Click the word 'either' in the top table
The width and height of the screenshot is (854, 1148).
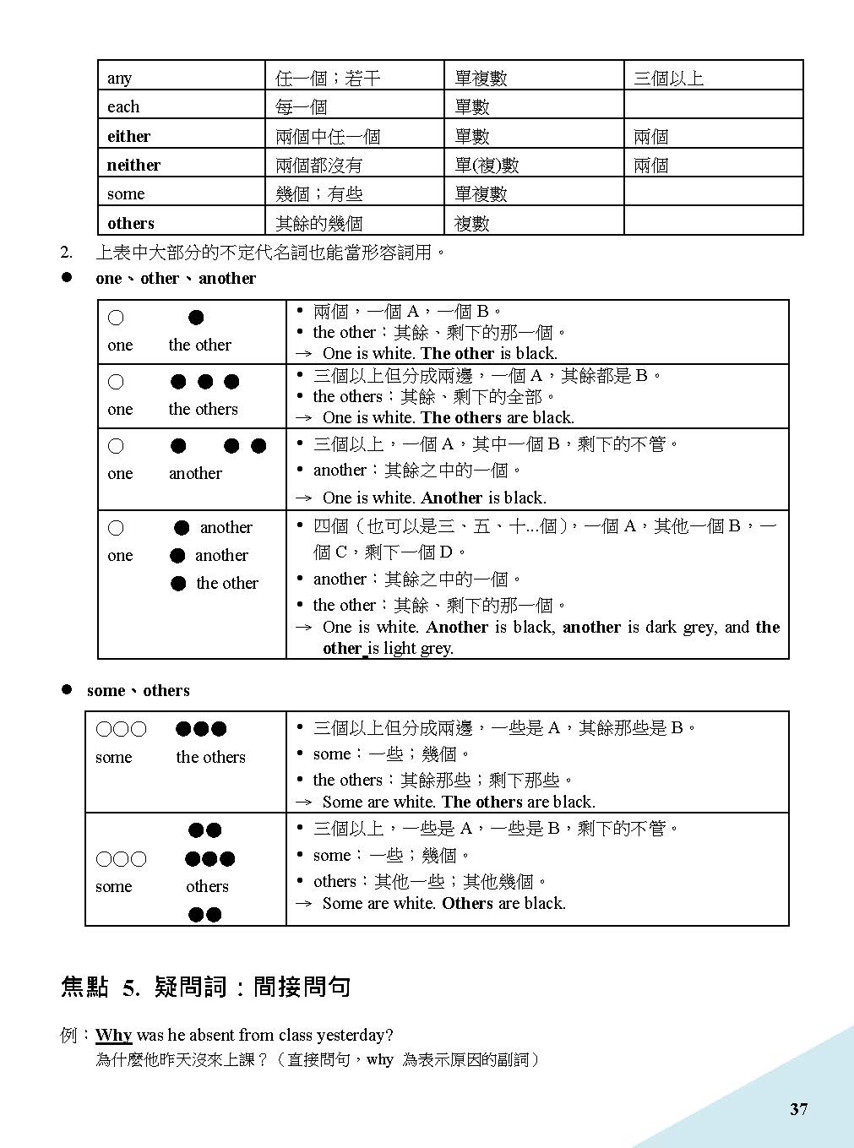(128, 136)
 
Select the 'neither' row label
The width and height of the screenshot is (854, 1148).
(133, 165)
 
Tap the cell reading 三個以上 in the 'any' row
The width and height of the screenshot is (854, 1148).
(668, 79)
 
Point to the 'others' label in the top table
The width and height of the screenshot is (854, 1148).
(131, 223)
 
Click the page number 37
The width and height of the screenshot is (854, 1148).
(798, 1109)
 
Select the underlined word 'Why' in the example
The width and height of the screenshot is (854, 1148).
(113, 1035)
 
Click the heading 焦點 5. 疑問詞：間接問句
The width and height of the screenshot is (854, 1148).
(205, 987)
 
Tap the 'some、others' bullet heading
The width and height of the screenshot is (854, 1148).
(138, 690)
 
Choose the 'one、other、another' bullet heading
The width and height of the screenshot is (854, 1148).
(175, 278)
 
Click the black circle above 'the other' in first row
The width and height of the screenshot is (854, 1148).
(196, 318)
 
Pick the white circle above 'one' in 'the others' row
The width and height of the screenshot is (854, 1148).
(116, 382)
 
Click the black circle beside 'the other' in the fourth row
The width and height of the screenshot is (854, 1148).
(178, 583)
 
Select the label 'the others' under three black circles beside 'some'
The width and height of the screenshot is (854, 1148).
(210, 757)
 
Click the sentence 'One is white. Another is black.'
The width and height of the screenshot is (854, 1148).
(434, 498)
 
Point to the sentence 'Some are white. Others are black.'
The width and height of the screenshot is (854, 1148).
(443, 903)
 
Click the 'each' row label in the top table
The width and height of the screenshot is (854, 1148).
(123, 106)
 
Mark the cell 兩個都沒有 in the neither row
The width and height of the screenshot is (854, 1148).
(318, 166)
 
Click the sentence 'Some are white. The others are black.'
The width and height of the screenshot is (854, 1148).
(459, 802)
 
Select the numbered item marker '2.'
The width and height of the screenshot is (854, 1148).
(67, 252)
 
